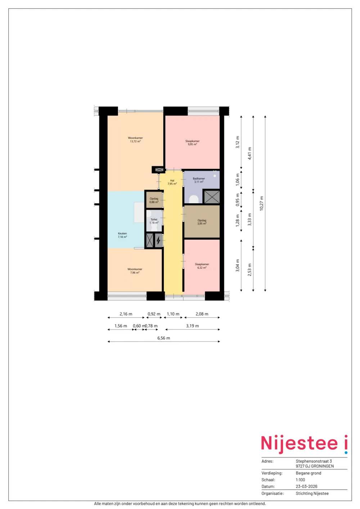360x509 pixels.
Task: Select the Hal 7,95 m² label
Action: coord(172,182)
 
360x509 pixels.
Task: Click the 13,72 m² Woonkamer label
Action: coord(135,140)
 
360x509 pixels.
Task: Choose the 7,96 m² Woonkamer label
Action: coord(135,271)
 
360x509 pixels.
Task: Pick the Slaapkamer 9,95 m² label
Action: coord(192,143)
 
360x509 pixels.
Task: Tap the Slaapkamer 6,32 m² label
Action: coord(202,266)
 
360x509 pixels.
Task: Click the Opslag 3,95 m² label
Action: coord(202,222)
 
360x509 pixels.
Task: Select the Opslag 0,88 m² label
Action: coord(154,200)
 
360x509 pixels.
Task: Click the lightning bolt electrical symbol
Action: coord(158,240)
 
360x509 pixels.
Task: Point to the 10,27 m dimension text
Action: coord(261,203)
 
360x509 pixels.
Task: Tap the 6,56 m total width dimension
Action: coord(164,338)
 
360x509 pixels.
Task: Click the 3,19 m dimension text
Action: coord(192,326)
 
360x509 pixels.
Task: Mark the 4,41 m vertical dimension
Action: coord(250,153)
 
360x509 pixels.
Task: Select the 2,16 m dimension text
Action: coord(126,314)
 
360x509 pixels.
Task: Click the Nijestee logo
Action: coord(304,444)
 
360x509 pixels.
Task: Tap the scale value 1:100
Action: coord(300,480)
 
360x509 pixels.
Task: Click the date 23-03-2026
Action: coord(307,486)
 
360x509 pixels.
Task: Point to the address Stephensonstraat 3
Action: coord(314,461)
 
